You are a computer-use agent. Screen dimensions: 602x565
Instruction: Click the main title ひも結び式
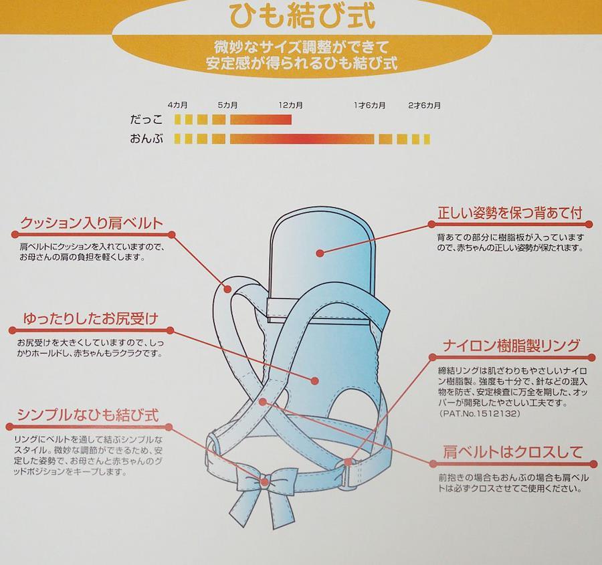302,16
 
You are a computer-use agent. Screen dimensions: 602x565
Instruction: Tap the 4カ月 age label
177,105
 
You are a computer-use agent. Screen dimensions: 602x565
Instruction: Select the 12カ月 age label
291,105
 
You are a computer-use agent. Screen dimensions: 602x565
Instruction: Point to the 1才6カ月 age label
369,105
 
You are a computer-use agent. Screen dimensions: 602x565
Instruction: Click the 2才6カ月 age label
424,105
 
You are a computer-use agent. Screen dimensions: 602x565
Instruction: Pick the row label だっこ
146,120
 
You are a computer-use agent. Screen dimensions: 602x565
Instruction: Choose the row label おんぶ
146,138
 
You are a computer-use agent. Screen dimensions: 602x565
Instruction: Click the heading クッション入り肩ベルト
92,223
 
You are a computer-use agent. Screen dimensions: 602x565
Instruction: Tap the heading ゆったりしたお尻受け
90,318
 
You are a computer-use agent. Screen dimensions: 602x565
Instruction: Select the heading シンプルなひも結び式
88,415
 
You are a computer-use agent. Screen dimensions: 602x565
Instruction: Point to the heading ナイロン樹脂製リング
510,346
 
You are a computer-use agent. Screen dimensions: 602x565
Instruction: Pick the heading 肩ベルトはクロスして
513,452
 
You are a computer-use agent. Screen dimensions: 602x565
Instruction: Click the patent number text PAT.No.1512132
480,414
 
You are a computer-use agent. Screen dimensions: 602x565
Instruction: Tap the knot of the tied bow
264,482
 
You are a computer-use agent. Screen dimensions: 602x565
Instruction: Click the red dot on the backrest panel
320,253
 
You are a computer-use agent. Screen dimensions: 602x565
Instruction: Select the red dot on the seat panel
315,380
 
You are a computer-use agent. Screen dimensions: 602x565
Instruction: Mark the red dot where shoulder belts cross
263,402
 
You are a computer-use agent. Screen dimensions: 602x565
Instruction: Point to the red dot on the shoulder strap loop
227,289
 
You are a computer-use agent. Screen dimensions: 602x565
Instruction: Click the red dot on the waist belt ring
348,462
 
